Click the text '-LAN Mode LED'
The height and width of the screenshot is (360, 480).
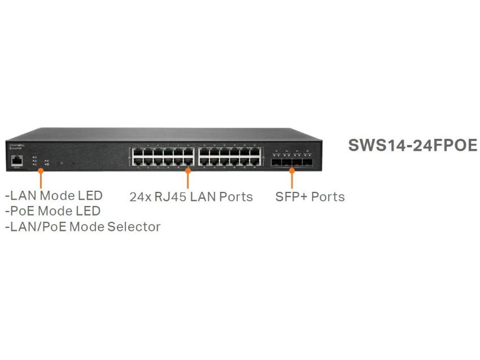54,196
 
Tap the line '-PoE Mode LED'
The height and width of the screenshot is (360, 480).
53,211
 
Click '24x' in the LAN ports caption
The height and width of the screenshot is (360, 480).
139,197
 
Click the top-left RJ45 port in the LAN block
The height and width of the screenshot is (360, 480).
138,152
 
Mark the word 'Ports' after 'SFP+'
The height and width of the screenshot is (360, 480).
327,197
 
